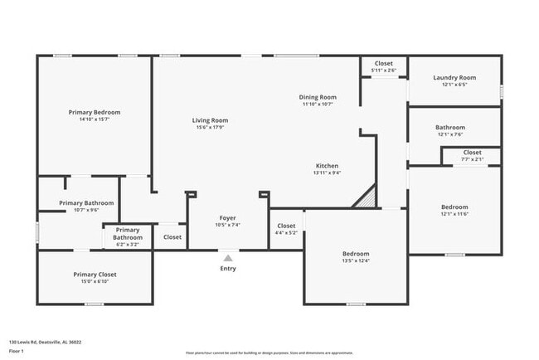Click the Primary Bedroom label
tap(95, 112)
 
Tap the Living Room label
tap(211, 120)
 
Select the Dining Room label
tap(317, 97)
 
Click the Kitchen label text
tap(326, 166)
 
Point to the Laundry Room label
tap(454, 78)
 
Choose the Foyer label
tap(228, 218)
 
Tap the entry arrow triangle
tap(228, 257)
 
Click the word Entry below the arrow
tap(228, 268)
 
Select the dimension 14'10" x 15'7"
tap(95, 119)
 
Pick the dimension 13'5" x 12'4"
tap(356, 261)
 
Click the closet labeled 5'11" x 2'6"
tap(383, 66)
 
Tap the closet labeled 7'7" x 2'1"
tap(472, 156)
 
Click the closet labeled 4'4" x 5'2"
tap(286, 229)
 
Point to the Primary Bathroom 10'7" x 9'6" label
tap(86, 206)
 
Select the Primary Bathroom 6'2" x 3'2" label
tap(127, 237)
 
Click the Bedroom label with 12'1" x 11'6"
tap(454, 211)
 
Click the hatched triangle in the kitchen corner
tap(367, 199)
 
